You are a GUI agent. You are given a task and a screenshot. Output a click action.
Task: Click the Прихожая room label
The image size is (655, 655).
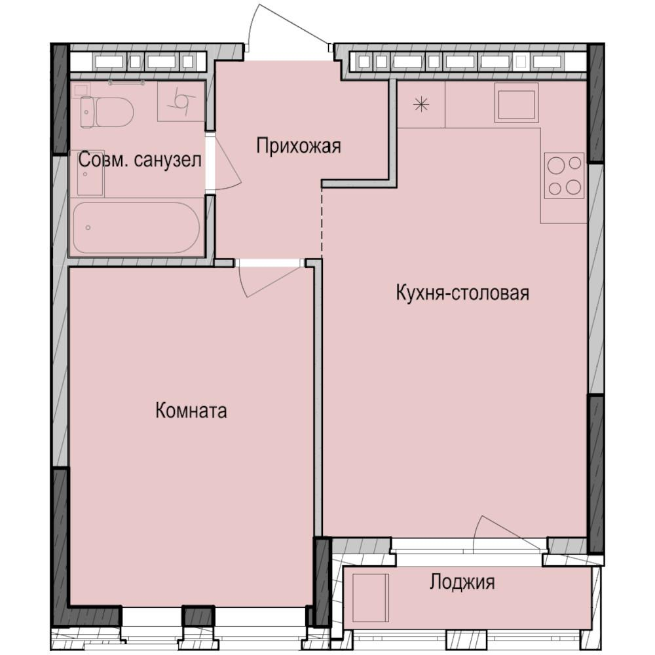(298, 145)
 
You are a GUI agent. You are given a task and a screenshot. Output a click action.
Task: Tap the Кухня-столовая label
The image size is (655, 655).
(462, 293)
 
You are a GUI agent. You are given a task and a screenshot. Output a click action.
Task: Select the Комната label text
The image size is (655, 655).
(191, 411)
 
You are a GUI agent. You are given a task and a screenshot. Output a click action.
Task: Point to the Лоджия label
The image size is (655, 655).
(462, 582)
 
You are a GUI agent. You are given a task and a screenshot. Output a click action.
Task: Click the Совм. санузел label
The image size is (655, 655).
(140, 160)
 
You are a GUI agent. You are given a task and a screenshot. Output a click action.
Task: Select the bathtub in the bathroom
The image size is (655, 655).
(136, 228)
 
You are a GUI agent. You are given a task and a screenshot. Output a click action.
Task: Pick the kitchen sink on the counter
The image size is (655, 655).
(516, 103)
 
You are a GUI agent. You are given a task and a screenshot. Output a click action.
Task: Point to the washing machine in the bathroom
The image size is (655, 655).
(180, 102)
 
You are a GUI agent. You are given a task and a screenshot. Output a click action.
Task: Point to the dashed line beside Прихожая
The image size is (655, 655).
(322, 219)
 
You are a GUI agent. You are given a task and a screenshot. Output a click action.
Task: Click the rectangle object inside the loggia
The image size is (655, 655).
(370, 598)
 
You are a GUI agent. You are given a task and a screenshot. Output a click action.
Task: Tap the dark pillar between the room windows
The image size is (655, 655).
(198, 616)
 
